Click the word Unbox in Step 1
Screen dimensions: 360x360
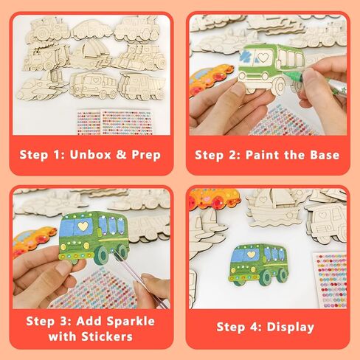click(x=90, y=155)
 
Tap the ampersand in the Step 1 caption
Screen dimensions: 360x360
click(x=121, y=155)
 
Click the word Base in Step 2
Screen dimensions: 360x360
click(x=325, y=155)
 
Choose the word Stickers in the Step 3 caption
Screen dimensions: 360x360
click(x=107, y=336)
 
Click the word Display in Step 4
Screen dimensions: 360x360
click(x=291, y=328)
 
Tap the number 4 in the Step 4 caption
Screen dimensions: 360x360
click(x=254, y=328)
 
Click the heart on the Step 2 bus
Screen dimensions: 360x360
click(x=263, y=58)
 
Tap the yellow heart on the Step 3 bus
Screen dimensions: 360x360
click(x=83, y=226)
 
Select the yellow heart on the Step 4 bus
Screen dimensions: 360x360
click(x=250, y=254)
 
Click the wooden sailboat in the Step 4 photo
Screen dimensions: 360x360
click(x=274, y=208)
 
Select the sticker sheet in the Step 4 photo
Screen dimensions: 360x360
click(x=330, y=280)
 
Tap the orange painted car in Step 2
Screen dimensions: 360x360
click(x=212, y=79)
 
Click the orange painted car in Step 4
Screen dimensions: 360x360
click(x=214, y=198)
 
